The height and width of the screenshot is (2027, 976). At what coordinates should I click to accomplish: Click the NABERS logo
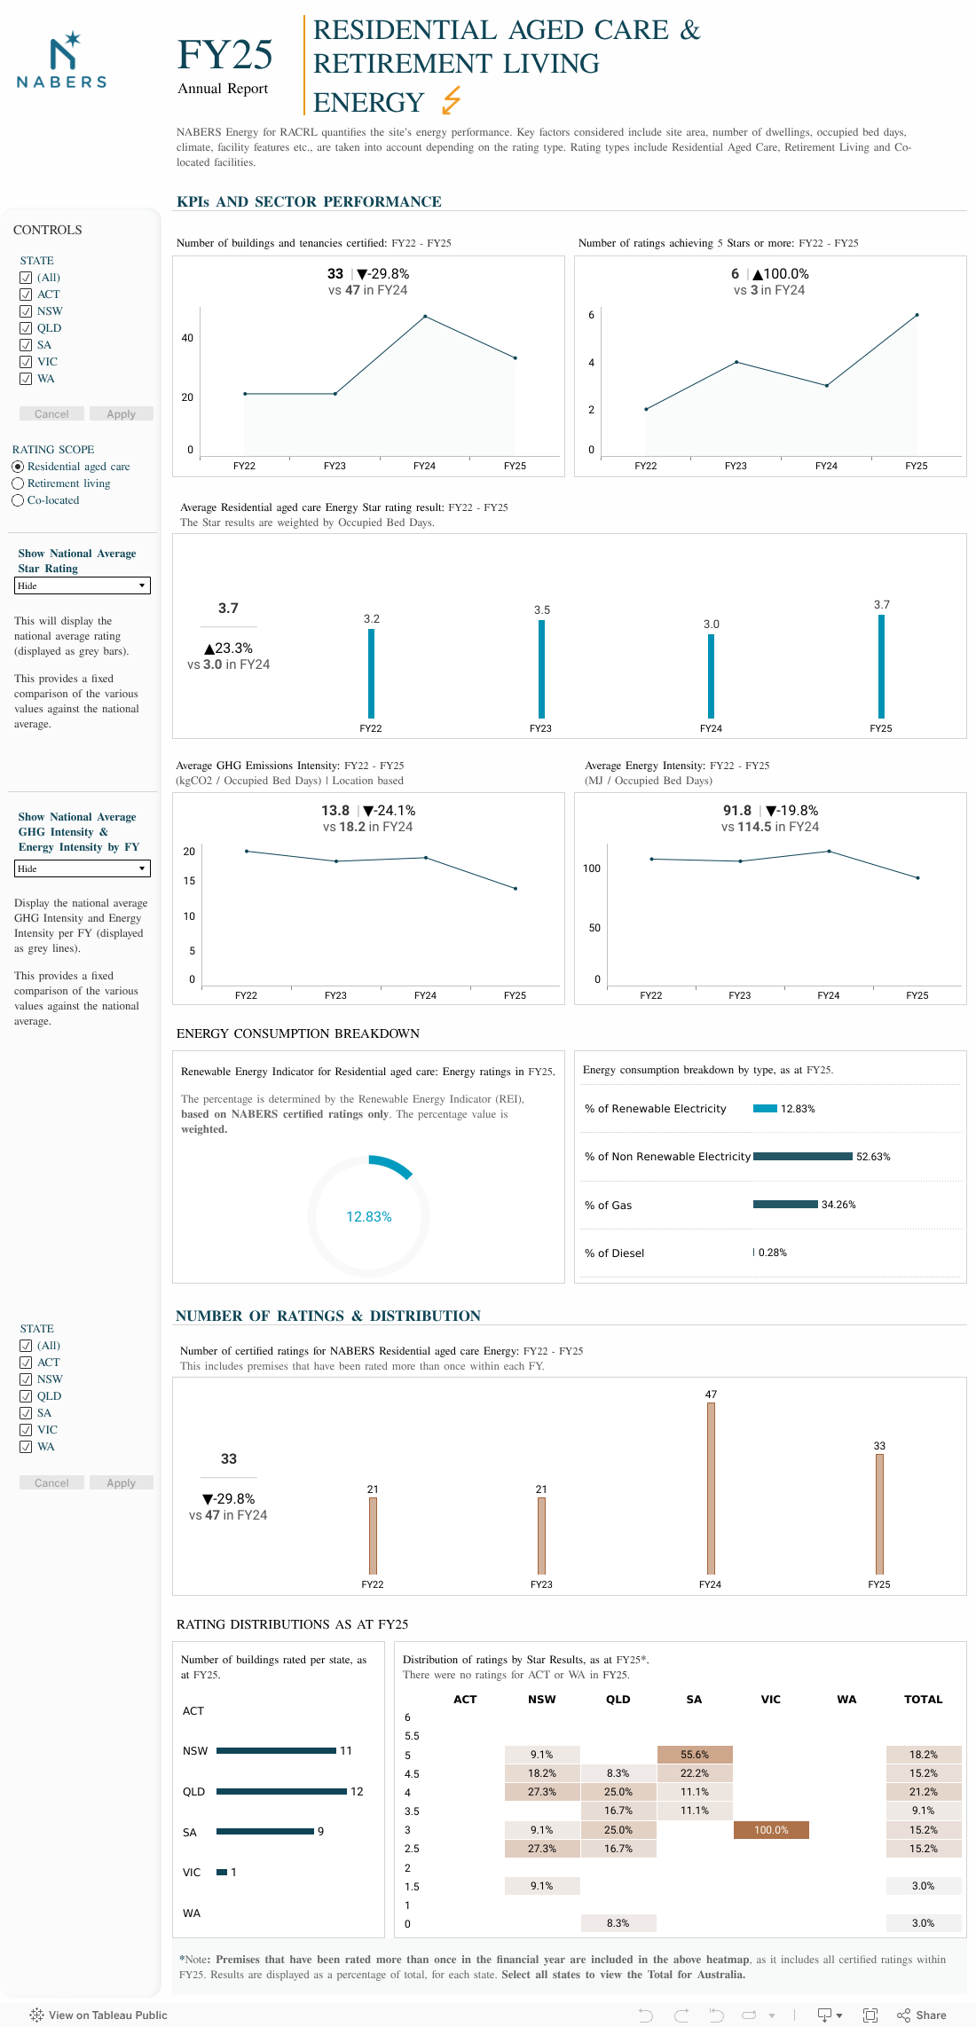pyautogui.click(x=61, y=60)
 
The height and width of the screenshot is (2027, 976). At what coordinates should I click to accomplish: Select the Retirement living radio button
pyautogui.click(x=18, y=483)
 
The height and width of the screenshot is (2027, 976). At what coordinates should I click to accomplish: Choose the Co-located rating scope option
pyautogui.click(x=18, y=500)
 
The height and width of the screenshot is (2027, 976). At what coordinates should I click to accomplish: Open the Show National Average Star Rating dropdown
pyautogui.click(x=83, y=585)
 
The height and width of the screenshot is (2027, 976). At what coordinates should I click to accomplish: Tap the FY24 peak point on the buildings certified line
pyautogui.click(x=425, y=317)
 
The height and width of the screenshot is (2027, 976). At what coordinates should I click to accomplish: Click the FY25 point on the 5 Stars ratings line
pyautogui.click(x=917, y=315)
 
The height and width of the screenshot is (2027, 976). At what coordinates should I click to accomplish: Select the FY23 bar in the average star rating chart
pyautogui.click(x=541, y=669)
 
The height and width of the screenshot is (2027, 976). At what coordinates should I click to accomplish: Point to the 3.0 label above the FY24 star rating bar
pyautogui.click(x=712, y=625)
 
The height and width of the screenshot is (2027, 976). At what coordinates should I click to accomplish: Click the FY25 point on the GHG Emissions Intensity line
pyautogui.click(x=516, y=888)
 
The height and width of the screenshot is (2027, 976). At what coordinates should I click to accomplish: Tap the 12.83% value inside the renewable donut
pyautogui.click(x=369, y=1217)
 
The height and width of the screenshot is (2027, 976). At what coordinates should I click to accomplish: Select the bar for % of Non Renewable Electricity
pyautogui.click(x=802, y=1157)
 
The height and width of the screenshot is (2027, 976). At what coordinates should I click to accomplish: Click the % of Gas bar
pyautogui.click(x=785, y=1205)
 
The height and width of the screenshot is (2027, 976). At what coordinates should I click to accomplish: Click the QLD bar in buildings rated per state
pyautogui.click(x=281, y=1792)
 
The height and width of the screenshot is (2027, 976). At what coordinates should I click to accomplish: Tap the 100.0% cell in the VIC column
pyautogui.click(x=771, y=1830)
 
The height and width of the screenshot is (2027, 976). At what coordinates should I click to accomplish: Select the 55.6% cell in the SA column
pyautogui.click(x=695, y=1755)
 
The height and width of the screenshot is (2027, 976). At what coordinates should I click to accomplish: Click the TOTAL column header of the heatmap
pyautogui.click(x=923, y=1700)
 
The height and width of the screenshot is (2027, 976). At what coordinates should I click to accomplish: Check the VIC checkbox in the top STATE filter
pyautogui.click(x=26, y=362)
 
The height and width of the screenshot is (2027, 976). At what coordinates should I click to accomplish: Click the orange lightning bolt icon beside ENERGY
pyautogui.click(x=452, y=100)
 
